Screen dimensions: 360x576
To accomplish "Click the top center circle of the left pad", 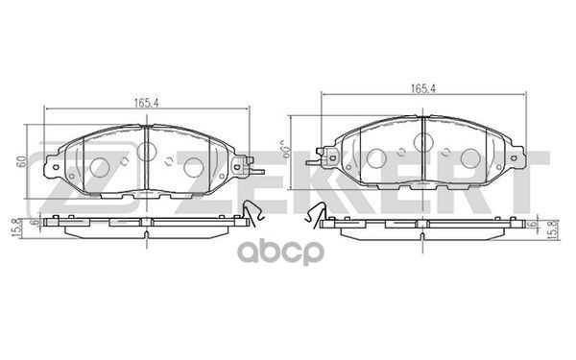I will tap(147, 150).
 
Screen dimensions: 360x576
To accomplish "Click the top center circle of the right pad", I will tap(422, 142).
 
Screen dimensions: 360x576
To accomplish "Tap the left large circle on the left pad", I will tap(99, 167).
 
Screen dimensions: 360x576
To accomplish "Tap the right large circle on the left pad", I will tap(193, 167).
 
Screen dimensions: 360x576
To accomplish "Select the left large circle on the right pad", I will tap(375, 158).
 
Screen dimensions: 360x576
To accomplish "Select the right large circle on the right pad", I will tap(469, 158).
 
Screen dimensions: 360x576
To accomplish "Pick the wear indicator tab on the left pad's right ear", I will tap(252, 172).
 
